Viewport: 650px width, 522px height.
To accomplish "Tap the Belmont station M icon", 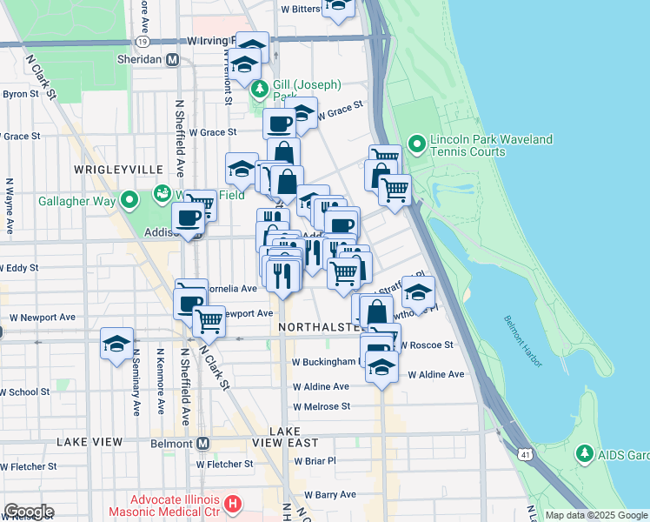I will [x=202, y=442].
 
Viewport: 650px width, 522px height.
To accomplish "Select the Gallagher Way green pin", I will [x=130, y=200].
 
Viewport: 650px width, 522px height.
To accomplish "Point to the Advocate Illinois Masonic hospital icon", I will [x=232, y=504].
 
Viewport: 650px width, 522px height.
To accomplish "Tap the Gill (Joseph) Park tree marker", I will [x=259, y=89].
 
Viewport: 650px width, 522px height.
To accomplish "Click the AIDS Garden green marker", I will [x=585, y=453].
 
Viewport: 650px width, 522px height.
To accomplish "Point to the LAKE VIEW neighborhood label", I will [x=90, y=442].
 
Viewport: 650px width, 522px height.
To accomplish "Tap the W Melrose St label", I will [x=321, y=406].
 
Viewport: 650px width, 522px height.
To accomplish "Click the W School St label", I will [x=24, y=391].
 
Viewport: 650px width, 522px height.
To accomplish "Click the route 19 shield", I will [x=142, y=41].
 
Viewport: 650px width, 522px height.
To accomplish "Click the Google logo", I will [x=29, y=512].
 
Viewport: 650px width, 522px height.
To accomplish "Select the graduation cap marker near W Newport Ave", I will [x=116, y=345].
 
